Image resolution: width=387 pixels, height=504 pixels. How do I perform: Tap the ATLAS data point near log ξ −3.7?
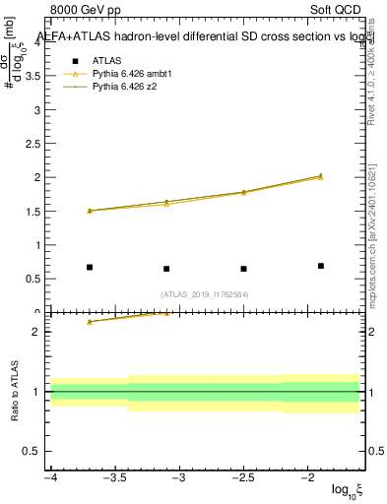(90, 267)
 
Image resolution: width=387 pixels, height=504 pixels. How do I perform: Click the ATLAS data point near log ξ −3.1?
(166, 269)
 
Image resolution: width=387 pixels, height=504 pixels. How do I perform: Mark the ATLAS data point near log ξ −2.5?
(243, 269)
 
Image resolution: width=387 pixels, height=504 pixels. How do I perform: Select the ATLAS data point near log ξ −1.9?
(321, 266)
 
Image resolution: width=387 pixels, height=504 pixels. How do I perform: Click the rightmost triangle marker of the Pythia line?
(321, 176)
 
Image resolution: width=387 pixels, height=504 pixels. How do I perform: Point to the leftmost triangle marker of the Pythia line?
(90, 210)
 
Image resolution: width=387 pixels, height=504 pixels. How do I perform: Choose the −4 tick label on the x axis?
(50, 477)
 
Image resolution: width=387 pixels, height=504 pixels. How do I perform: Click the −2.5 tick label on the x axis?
(243, 477)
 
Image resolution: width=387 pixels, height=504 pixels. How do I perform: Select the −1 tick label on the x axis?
(358, 477)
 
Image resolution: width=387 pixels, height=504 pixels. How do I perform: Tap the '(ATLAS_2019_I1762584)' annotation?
(205, 293)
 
